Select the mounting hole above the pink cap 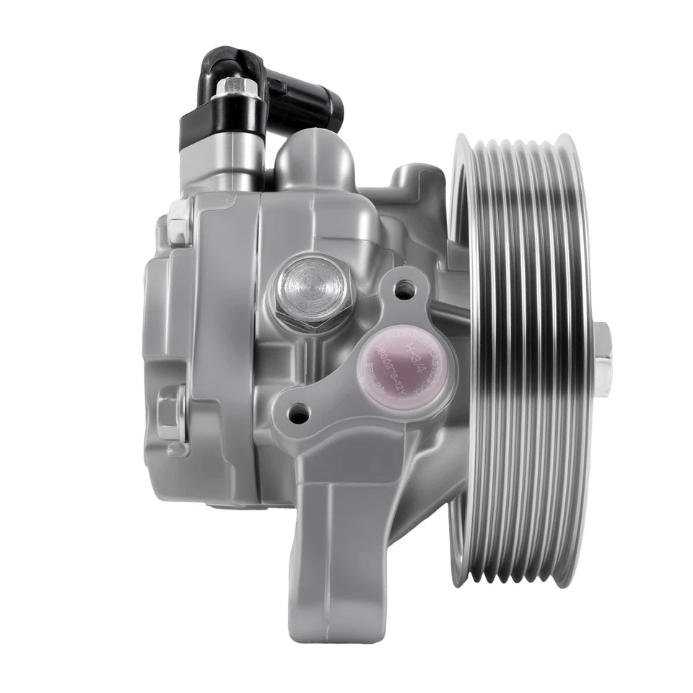(x=406, y=290)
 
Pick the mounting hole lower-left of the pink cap (x=297, y=414)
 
